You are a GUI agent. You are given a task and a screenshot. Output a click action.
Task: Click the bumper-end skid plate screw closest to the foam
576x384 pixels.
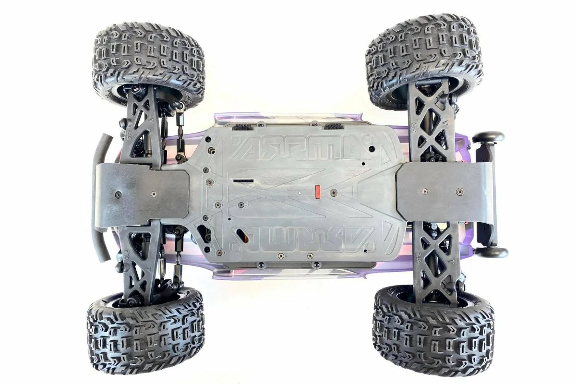click(x=119, y=195)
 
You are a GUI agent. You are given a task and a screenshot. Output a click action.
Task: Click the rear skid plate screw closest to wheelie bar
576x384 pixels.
click(x=459, y=191)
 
